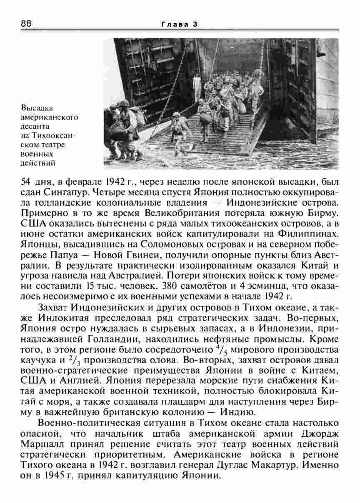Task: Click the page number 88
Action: [x=26, y=24]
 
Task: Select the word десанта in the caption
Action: [x=35, y=125]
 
